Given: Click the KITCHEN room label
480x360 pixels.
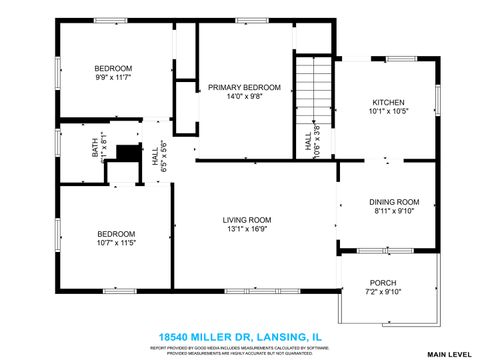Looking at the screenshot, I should pyautogui.click(x=388, y=102).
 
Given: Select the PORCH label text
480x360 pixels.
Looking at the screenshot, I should pyautogui.click(x=384, y=282).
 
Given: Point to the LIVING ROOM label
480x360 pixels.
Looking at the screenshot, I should pyautogui.click(x=246, y=220).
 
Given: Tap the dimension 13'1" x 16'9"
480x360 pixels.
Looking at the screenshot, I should pyautogui.click(x=246, y=230).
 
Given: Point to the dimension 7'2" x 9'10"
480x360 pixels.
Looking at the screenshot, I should pyautogui.click(x=384, y=292).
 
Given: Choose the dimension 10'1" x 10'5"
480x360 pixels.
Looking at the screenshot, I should pyautogui.click(x=388, y=112).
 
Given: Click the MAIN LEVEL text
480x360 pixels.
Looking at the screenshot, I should pyautogui.click(x=449, y=354).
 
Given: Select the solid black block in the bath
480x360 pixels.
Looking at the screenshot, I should pyautogui.click(x=127, y=155).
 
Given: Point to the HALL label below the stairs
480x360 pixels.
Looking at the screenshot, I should pyautogui.click(x=308, y=144).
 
